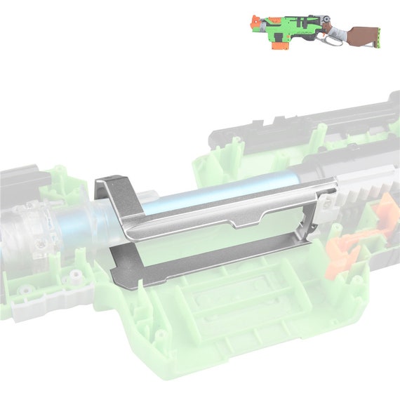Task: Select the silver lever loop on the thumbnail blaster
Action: click(x=335, y=41)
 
